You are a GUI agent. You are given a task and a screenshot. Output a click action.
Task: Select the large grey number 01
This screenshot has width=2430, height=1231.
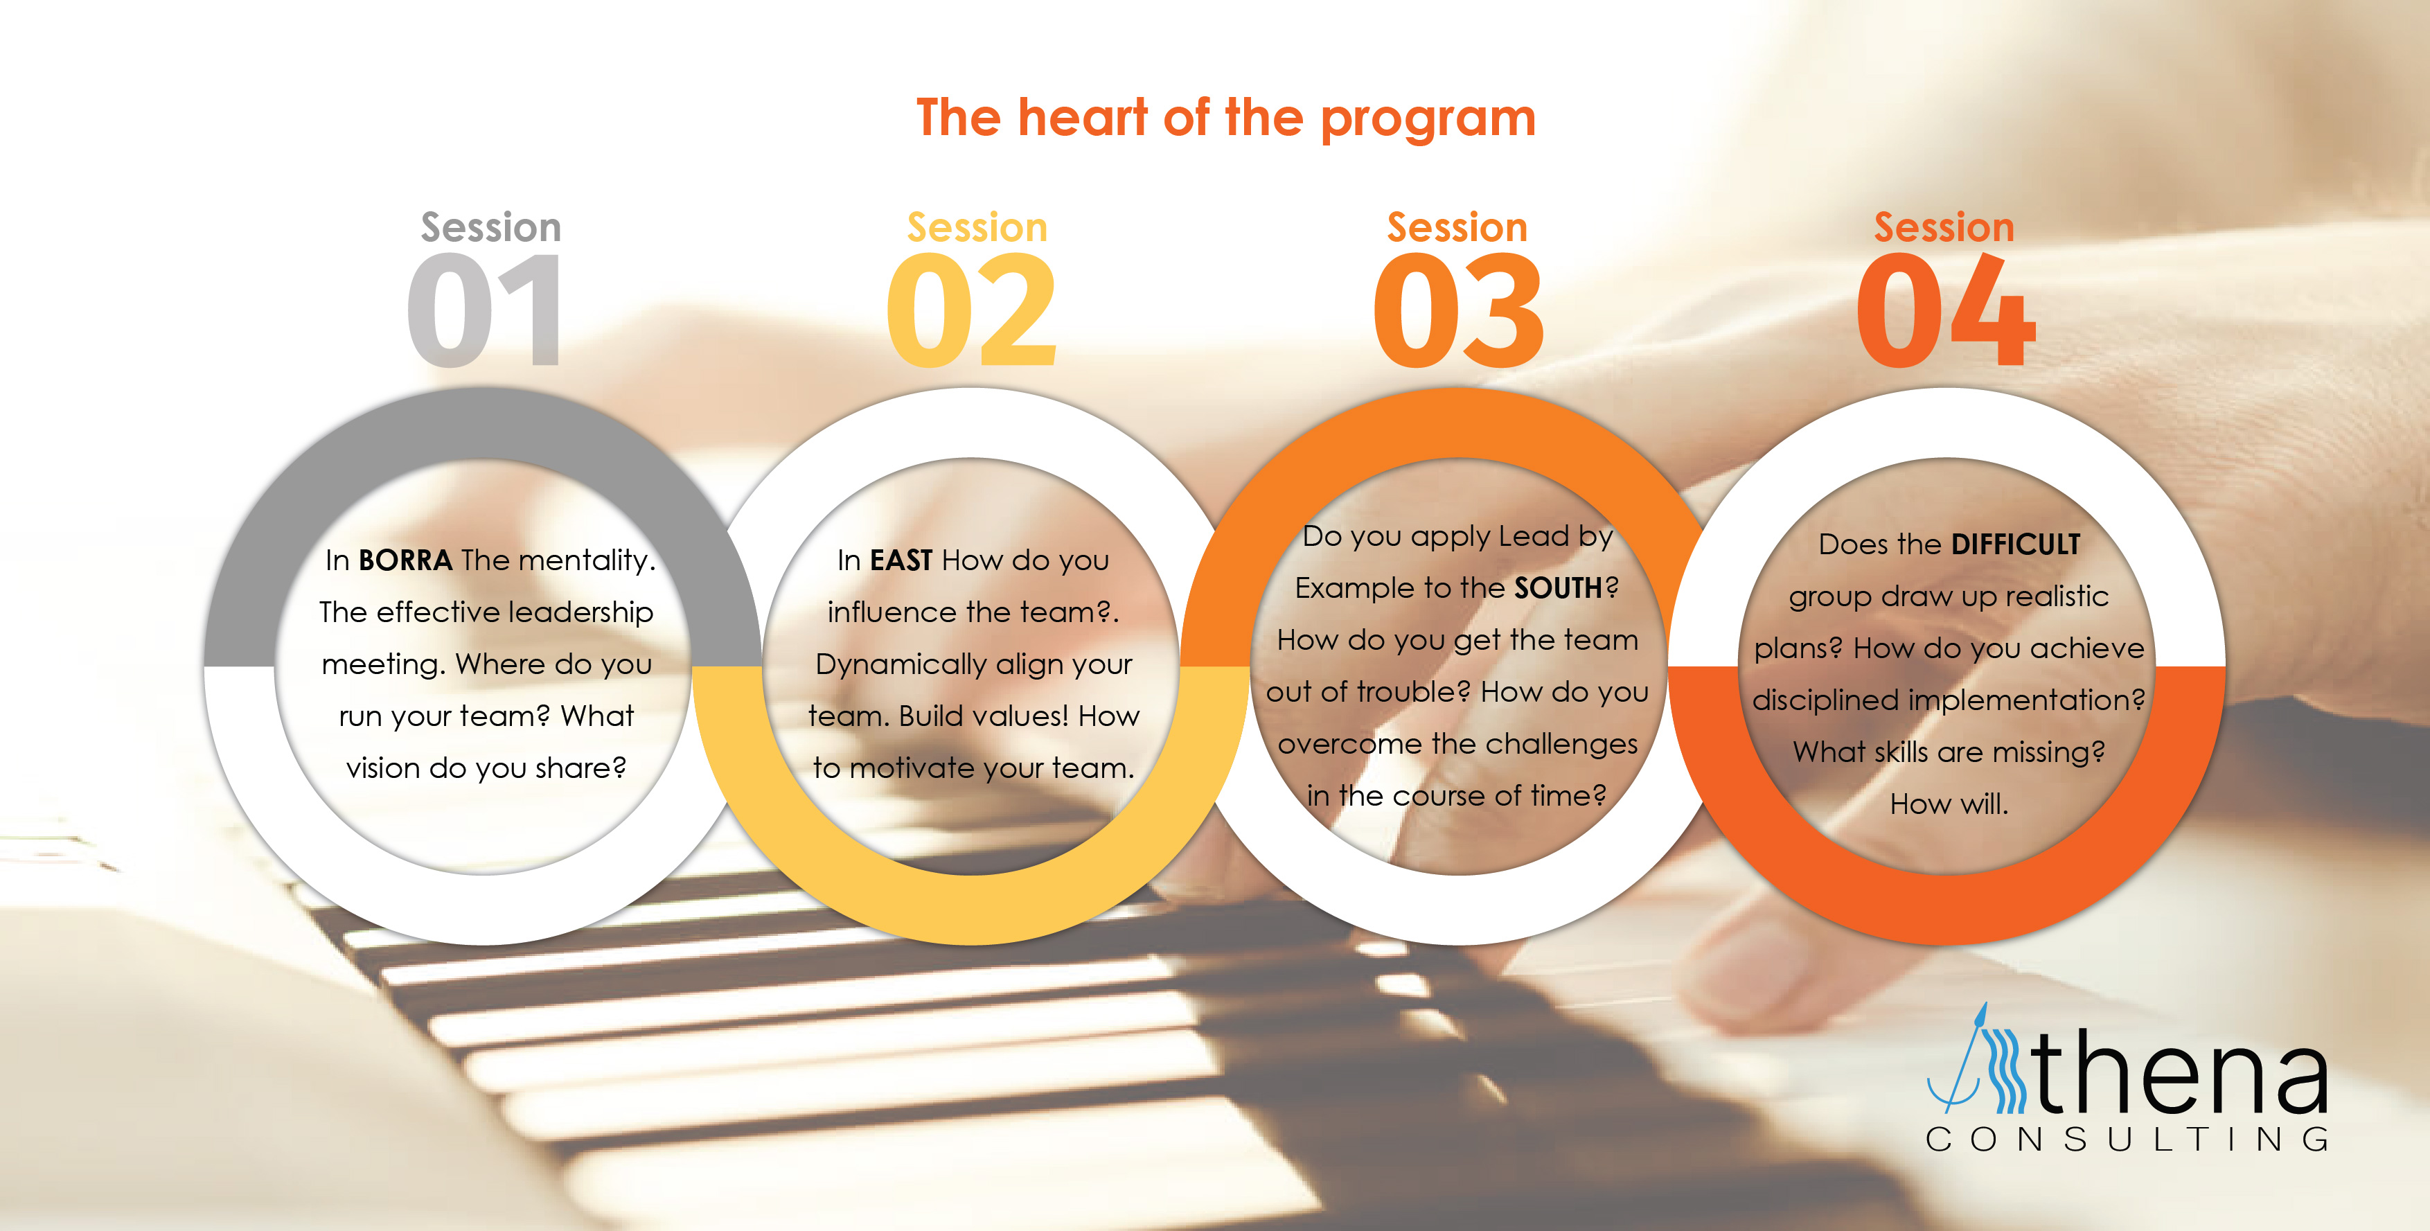click(x=485, y=310)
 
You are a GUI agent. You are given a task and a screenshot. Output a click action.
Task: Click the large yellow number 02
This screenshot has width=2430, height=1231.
click(x=972, y=310)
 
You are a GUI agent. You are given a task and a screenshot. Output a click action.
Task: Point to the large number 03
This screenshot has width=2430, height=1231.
click(x=1458, y=310)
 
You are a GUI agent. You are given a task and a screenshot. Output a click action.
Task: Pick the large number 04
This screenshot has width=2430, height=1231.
click(x=1945, y=310)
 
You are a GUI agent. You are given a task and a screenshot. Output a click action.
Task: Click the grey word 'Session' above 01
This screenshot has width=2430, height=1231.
click(x=490, y=227)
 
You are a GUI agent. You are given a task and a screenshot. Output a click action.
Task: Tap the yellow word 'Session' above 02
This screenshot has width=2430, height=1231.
click(x=977, y=227)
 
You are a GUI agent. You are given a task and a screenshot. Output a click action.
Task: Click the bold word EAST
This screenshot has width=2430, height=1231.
click(x=901, y=560)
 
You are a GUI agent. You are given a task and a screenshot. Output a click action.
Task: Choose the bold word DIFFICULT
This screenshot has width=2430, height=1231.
click(x=2015, y=544)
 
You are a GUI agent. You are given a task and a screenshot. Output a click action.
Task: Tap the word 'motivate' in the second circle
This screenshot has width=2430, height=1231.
click(x=912, y=768)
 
